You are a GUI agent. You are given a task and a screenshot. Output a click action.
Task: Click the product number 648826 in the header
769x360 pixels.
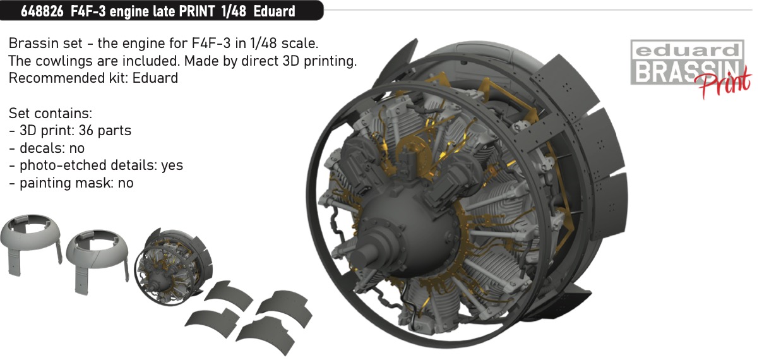42,11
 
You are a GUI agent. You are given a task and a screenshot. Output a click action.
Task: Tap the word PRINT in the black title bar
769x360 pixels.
197,11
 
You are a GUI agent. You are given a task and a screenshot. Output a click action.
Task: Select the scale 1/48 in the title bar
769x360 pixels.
234,11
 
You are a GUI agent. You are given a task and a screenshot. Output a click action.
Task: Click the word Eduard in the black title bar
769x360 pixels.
274,11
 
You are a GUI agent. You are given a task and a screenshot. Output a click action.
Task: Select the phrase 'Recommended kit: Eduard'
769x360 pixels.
93,78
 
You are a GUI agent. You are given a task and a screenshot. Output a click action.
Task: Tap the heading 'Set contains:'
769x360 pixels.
51,113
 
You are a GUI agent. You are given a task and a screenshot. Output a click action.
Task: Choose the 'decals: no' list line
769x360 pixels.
47,148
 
